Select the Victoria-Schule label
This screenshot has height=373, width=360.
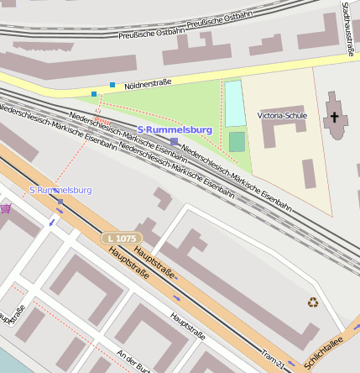282,115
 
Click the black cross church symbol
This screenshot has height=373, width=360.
336,115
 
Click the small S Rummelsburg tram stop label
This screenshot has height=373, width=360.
60,190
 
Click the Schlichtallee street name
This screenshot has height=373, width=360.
326,350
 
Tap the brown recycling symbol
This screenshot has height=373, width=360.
313,302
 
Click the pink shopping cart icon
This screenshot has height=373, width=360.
6,208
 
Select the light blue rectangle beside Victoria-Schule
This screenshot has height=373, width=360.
234,103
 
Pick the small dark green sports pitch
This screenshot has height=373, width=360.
237,141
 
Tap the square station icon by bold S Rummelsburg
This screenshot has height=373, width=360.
174,141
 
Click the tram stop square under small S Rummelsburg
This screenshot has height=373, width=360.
60,202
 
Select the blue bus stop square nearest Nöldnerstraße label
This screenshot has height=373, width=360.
112,84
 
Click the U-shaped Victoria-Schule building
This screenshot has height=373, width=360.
282,134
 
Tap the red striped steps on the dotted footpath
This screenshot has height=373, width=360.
99,107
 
